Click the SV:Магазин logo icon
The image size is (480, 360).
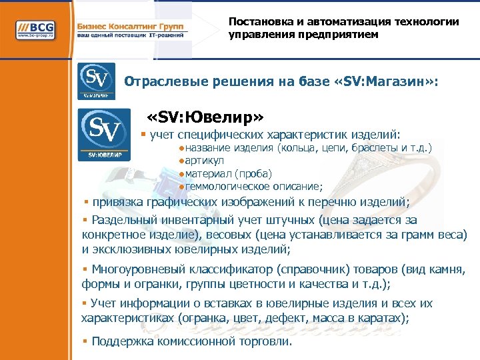(x=96, y=81)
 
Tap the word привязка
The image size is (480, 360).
(x=118, y=203)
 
